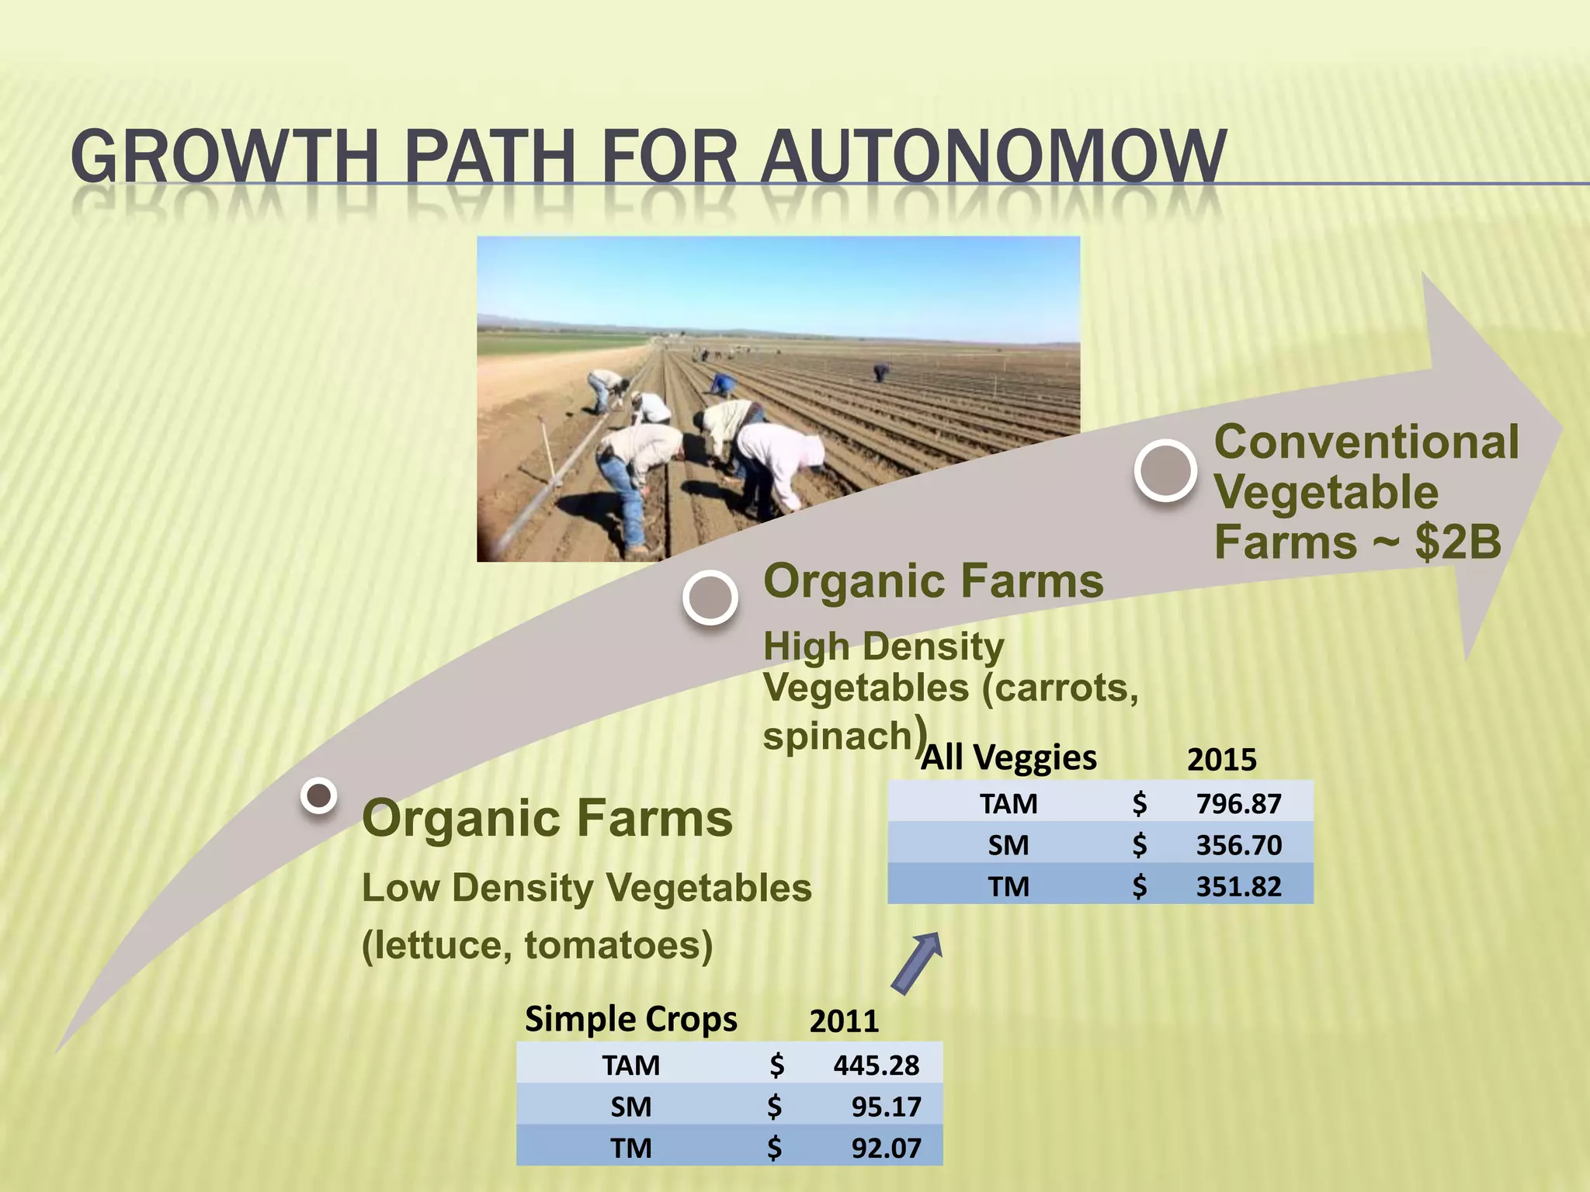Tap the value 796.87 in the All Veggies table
click(1238, 804)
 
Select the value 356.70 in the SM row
click(1238, 845)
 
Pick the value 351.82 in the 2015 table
click(1238, 886)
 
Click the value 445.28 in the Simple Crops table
click(876, 1066)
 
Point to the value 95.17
click(886, 1107)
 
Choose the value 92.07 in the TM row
click(886, 1148)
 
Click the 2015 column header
click(1221, 760)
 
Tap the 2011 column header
click(844, 1021)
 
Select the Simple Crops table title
click(630, 1019)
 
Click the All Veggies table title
click(1009, 757)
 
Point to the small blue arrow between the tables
click(917, 962)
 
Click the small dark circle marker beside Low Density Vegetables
click(318, 795)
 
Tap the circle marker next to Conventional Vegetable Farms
click(1165, 470)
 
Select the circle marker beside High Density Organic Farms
click(710, 598)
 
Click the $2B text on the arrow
click(1458, 542)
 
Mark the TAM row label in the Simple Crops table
click(630, 1066)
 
